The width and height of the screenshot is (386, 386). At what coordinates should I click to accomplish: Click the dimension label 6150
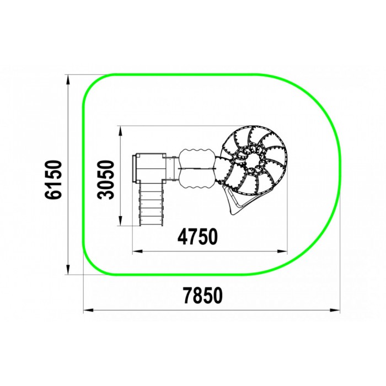(x=53, y=179)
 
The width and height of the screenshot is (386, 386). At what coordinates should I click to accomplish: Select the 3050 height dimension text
(x=106, y=179)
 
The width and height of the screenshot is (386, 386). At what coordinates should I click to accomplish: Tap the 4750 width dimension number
(x=197, y=237)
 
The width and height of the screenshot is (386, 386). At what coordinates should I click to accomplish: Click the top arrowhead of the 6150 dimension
(x=68, y=79)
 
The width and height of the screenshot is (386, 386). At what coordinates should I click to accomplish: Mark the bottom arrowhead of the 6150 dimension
(x=68, y=270)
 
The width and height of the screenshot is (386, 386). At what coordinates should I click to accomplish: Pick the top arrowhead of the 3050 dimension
(x=120, y=131)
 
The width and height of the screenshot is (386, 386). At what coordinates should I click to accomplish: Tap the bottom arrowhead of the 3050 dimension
(x=120, y=221)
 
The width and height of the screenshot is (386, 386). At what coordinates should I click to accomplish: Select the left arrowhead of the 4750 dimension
(x=137, y=251)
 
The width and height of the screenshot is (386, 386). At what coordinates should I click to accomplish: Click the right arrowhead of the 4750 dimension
(x=282, y=251)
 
